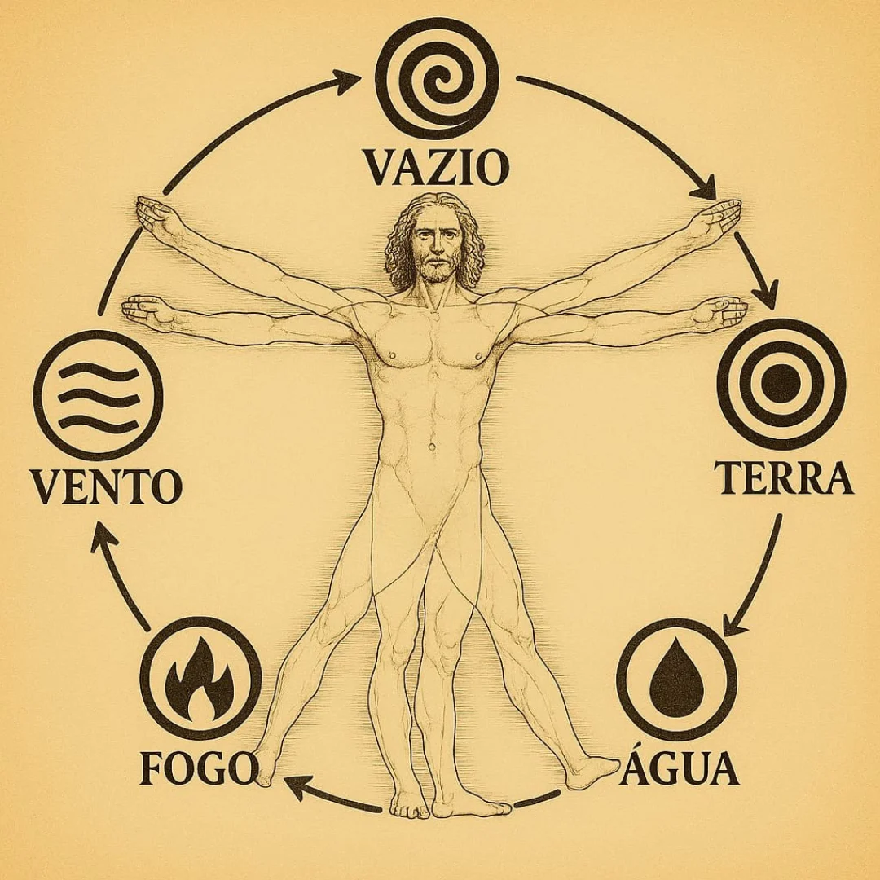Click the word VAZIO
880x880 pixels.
[x=437, y=167]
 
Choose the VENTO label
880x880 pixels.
[x=106, y=486]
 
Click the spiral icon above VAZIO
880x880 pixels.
[x=438, y=78]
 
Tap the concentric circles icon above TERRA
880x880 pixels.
[x=781, y=385]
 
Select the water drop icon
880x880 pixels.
[x=676, y=680]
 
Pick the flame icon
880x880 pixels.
[x=200, y=678]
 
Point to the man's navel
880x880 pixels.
[x=432, y=447]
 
